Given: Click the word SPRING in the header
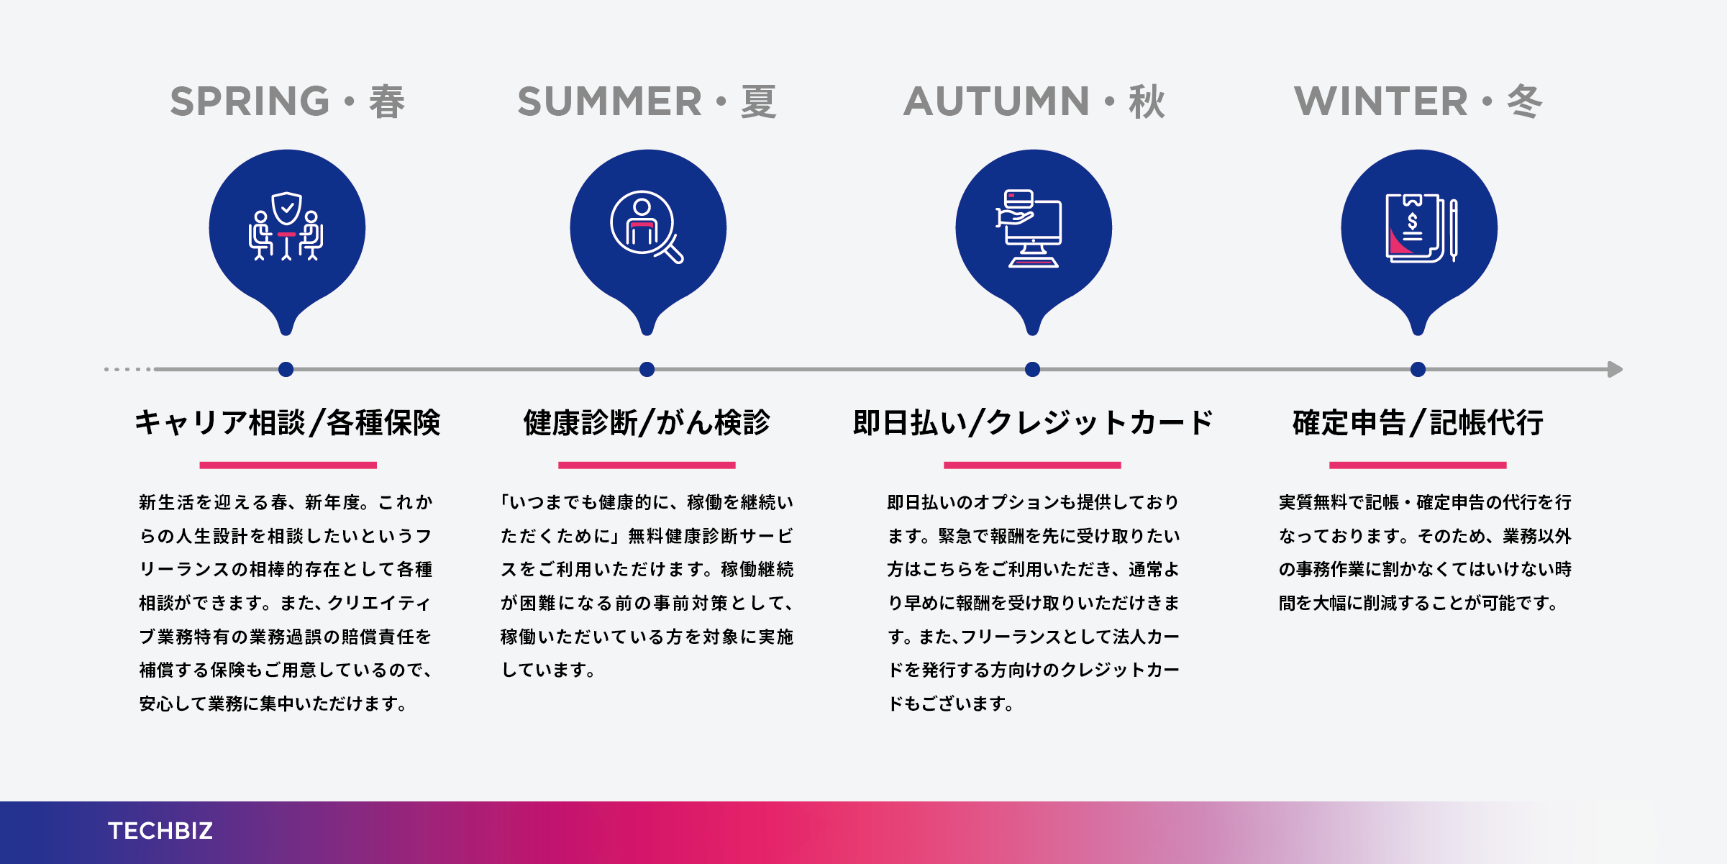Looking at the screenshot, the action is [250, 101].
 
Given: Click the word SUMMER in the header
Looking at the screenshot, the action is [609, 101].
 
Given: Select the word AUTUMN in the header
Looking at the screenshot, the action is [996, 101].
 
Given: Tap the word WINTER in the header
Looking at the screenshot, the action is [1380, 101].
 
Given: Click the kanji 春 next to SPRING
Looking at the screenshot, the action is [387, 101].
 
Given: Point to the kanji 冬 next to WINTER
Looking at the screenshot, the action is [1525, 101].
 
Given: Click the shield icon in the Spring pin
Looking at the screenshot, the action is [287, 209].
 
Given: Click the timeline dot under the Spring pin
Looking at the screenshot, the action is [286, 369].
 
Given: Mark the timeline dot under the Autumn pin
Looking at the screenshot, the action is [1033, 369].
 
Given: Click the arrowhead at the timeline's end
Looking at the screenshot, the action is [1616, 369].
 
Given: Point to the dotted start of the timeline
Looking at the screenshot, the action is [128, 369].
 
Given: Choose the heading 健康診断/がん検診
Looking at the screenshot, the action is [647, 422].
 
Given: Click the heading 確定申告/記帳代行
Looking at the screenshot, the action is [1418, 422].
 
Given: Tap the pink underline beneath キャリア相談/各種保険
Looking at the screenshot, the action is [288, 465].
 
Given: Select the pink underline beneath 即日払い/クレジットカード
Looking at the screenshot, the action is [1032, 465].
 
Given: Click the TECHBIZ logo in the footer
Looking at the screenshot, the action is [160, 831].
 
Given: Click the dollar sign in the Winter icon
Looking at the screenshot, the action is [1413, 221].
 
